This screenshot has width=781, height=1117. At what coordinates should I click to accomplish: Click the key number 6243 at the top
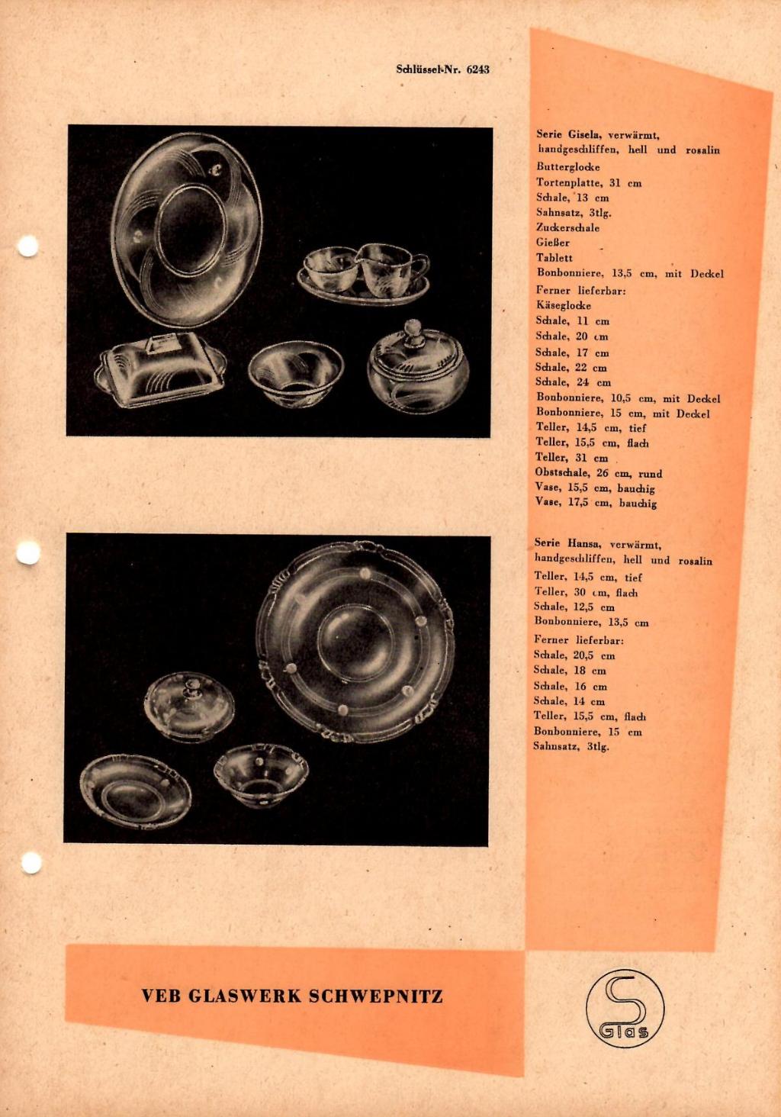point(478,69)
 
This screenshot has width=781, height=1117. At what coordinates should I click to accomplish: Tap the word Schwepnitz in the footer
point(376,996)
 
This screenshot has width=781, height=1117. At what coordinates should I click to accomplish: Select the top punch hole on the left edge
point(27,246)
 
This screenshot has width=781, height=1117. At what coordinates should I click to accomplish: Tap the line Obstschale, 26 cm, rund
point(599,473)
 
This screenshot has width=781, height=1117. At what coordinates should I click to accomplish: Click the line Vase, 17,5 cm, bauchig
point(596,503)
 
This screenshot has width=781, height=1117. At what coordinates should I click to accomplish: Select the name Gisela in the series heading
point(582,134)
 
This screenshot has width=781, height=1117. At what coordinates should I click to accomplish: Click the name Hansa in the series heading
point(582,544)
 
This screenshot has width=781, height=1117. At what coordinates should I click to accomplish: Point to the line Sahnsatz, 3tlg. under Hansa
point(571,747)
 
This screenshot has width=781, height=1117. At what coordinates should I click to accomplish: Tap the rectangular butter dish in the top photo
point(159,369)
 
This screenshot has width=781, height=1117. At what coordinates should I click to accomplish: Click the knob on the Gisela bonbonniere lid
point(412,330)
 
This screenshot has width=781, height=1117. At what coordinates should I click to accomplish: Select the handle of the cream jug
point(419,266)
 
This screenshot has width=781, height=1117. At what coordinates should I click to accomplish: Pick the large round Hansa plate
point(355,642)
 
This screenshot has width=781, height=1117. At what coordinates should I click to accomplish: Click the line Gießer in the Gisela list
point(553,243)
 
